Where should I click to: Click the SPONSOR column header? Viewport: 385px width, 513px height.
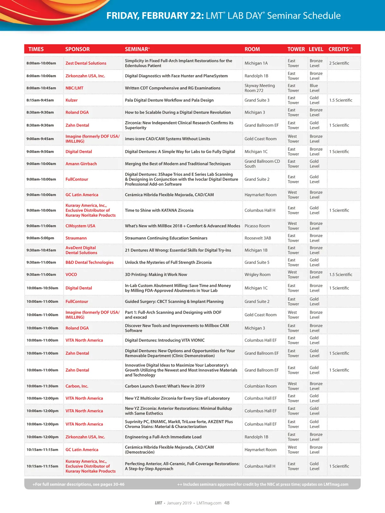(x=77, y=49)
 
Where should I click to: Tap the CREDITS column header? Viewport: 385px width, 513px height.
(x=340, y=49)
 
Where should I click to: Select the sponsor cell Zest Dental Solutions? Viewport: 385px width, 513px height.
(x=86, y=63)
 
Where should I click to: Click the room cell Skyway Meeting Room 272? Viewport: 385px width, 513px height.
(x=260, y=88)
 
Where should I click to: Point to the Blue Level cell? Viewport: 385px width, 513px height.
(x=314, y=88)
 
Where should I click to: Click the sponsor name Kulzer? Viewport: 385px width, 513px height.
(x=72, y=100)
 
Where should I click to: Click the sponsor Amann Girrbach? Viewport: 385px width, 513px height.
(x=81, y=164)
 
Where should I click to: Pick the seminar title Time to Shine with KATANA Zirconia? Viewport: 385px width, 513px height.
(x=159, y=210)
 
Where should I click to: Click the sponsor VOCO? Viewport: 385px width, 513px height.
(x=71, y=274)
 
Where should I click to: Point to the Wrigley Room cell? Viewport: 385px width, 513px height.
(x=257, y=274)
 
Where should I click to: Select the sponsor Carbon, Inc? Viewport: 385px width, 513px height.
(x=77, y=386)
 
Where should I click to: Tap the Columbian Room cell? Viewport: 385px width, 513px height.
(x=261, y=386)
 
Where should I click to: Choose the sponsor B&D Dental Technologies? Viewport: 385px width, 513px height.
(x=90, y=262)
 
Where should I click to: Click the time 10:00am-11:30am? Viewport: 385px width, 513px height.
(x=42, y=386)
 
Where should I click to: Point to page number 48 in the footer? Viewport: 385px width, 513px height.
(x=227, y=503)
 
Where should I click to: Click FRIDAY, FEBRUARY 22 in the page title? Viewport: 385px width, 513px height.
(x=155, y=16)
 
